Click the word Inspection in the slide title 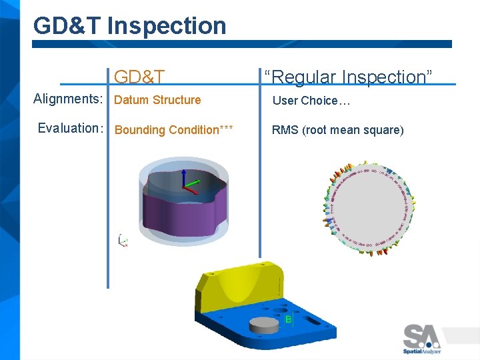click(x=167, y=26)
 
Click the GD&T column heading click(x=139, y=77)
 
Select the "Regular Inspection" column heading click(x=348, y=77)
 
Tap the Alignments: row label click(x=68, y=99)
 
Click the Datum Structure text click(x=157, y=100)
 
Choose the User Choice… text click(x=311, y=101)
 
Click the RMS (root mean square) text click(x=337, y=130)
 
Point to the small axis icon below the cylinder click(x=122, y=241)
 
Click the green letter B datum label click(x=288, y=320)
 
